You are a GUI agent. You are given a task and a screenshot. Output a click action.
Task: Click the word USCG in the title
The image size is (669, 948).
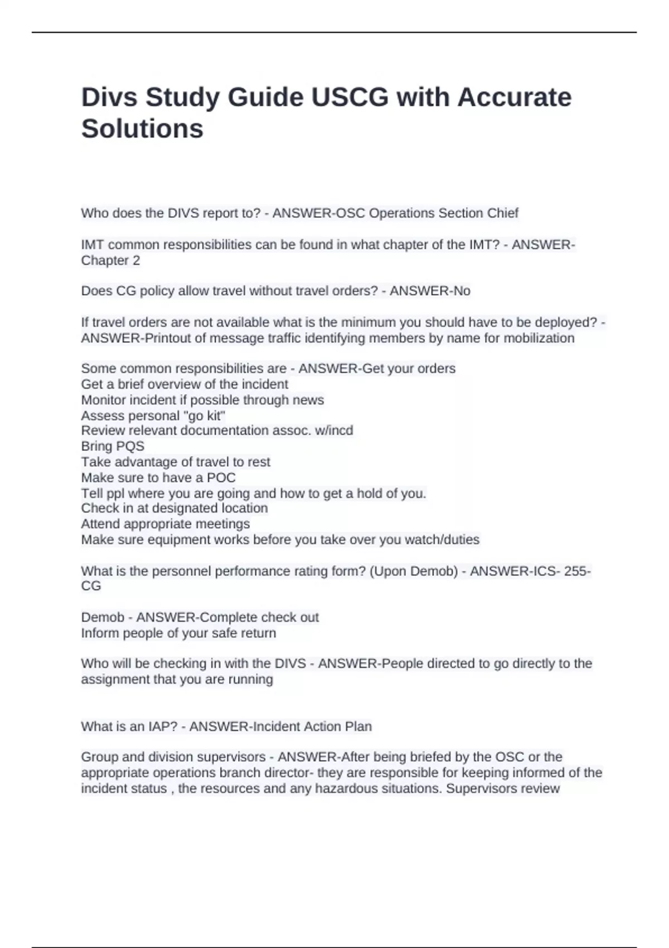pyautogui.click(x=350, y=98)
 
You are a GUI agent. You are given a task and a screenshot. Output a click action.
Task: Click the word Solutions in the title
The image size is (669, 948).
pyautogui.click(x=142, y=129)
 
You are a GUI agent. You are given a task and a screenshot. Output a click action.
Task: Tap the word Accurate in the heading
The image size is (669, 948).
pyautogui.click(x=515, y=98)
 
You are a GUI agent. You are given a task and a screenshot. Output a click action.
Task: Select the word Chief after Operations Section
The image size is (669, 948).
pyautogui.click(x=503, y=213)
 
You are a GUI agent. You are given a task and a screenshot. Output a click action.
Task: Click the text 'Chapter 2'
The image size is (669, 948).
pyautogui.click(x=110, y=260)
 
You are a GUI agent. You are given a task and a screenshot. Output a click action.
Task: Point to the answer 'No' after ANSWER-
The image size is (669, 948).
pyautogui.click(x=462, y=291)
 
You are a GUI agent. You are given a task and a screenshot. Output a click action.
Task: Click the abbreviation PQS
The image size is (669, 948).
pyautogui.click(x=130, y=446)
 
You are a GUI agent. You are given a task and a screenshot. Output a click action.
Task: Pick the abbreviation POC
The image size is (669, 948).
pyautogui.click(x=221, y=477)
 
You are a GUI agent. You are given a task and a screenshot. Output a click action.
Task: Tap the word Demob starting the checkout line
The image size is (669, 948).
pyautogui.click(x=103, y=617)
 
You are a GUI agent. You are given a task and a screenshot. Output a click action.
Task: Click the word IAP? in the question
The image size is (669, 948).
pyautogui.click(x=162, y=727)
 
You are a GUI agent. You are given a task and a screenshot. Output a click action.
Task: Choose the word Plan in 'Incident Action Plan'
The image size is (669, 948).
pyautogui.click(x=358, y=727)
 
